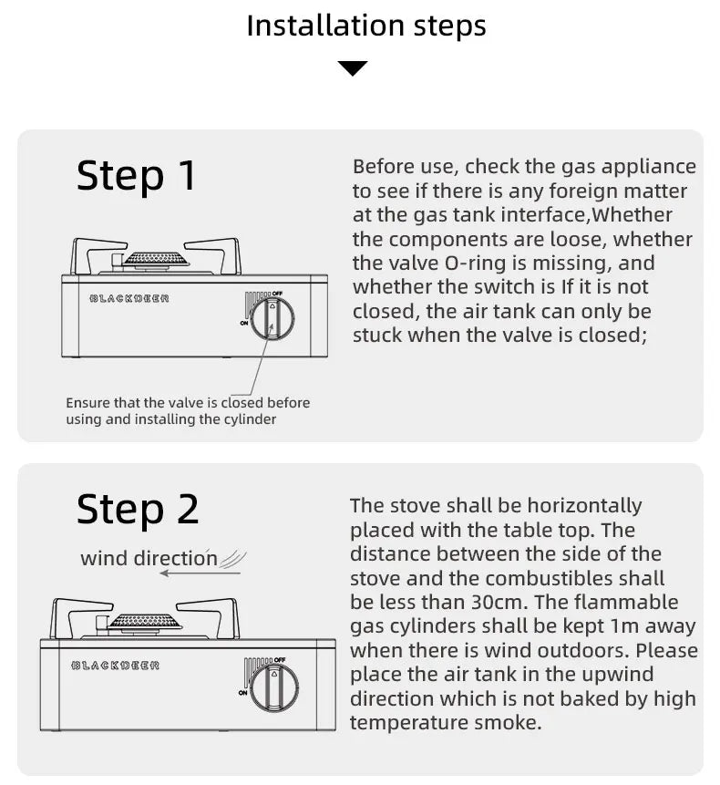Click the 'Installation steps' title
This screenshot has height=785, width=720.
(x=366, y=26)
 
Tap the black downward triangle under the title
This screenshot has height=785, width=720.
(x=353, y=68)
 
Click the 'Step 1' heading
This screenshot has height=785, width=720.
(x=136, y=175)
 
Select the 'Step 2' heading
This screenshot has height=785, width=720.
(x=137, y=509)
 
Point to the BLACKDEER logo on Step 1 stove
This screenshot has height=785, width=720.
(x=129, y=299)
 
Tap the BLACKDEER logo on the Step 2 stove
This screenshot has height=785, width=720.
(x=116, y=666)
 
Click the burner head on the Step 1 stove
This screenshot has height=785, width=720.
(x=156, y=259)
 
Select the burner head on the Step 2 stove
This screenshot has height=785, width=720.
(x=145, y=621)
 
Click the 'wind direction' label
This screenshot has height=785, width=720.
(x=149, y=558)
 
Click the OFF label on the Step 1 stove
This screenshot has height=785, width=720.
(x=278, y=294)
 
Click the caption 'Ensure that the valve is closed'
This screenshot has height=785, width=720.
(x=188, y=403)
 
